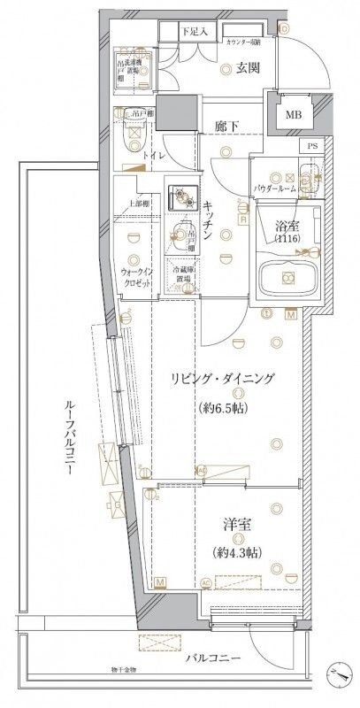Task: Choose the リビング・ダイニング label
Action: pos(222,379)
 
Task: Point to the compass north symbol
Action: pos(340,673)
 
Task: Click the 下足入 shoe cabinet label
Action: pos(195,31)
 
